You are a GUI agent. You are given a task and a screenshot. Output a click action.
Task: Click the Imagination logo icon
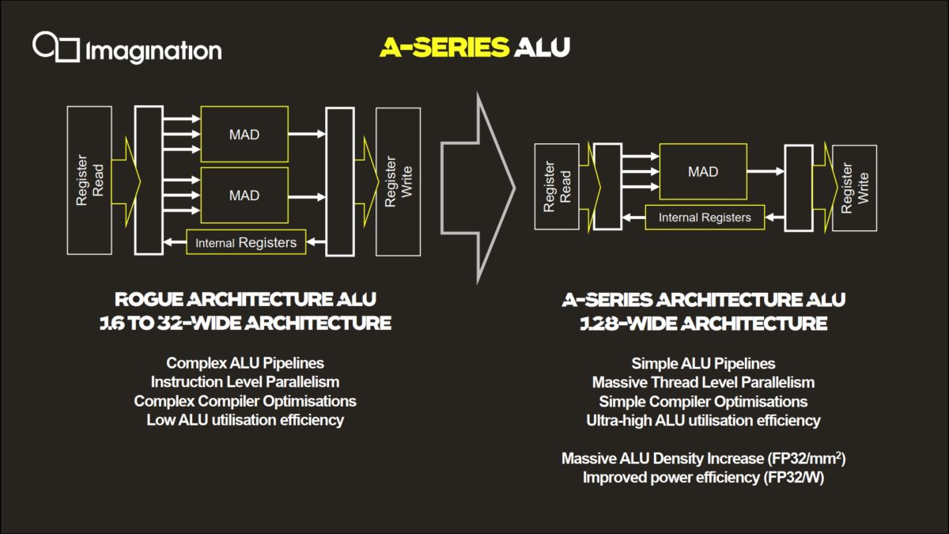(56, 47)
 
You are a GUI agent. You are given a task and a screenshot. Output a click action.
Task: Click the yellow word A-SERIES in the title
(444, 47)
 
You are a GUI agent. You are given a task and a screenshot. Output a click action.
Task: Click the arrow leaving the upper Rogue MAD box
(307, 134)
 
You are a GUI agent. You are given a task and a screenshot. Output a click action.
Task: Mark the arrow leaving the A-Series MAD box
(766, 172)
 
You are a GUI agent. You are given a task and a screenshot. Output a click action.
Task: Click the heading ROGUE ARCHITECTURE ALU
(245, 300)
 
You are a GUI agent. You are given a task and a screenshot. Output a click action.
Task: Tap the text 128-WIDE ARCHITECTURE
(703, 324)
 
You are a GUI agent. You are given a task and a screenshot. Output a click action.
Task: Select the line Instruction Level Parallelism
(245, 382)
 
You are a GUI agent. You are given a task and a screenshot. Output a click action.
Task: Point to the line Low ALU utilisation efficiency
(245, 420)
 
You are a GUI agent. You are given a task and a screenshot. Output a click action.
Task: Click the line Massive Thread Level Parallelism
(703, 382)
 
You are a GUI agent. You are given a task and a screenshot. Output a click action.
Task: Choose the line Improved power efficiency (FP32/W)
(703, 478)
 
